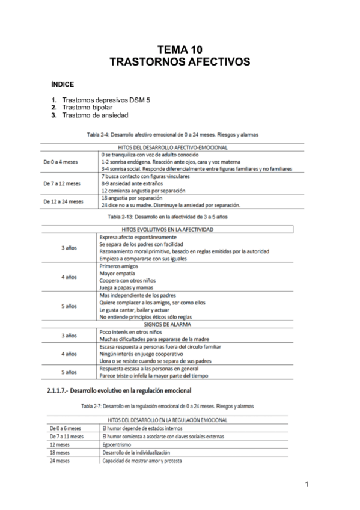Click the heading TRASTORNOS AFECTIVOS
[180, 61]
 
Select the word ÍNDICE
[63, 84]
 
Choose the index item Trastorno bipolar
[87, 107]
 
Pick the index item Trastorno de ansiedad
[95, 115]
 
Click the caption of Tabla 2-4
[173, 135]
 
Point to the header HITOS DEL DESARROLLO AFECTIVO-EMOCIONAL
[174, 147]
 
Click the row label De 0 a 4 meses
[61, 162]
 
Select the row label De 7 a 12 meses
[62, 183]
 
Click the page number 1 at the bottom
[307, 484]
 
